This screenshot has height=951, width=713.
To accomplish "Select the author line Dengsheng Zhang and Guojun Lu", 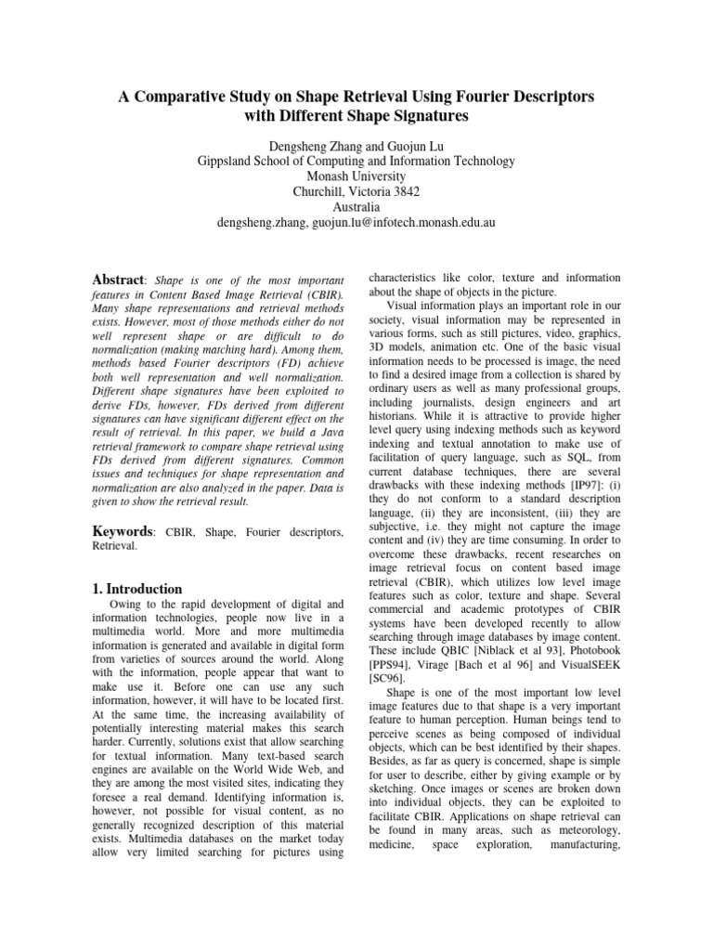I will (356, 145).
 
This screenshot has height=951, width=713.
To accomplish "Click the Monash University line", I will (356, 176).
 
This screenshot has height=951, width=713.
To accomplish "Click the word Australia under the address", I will (356, 206).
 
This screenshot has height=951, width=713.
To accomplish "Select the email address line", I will (356, 222).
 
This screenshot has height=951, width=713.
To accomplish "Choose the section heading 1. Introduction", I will (140, 588).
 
